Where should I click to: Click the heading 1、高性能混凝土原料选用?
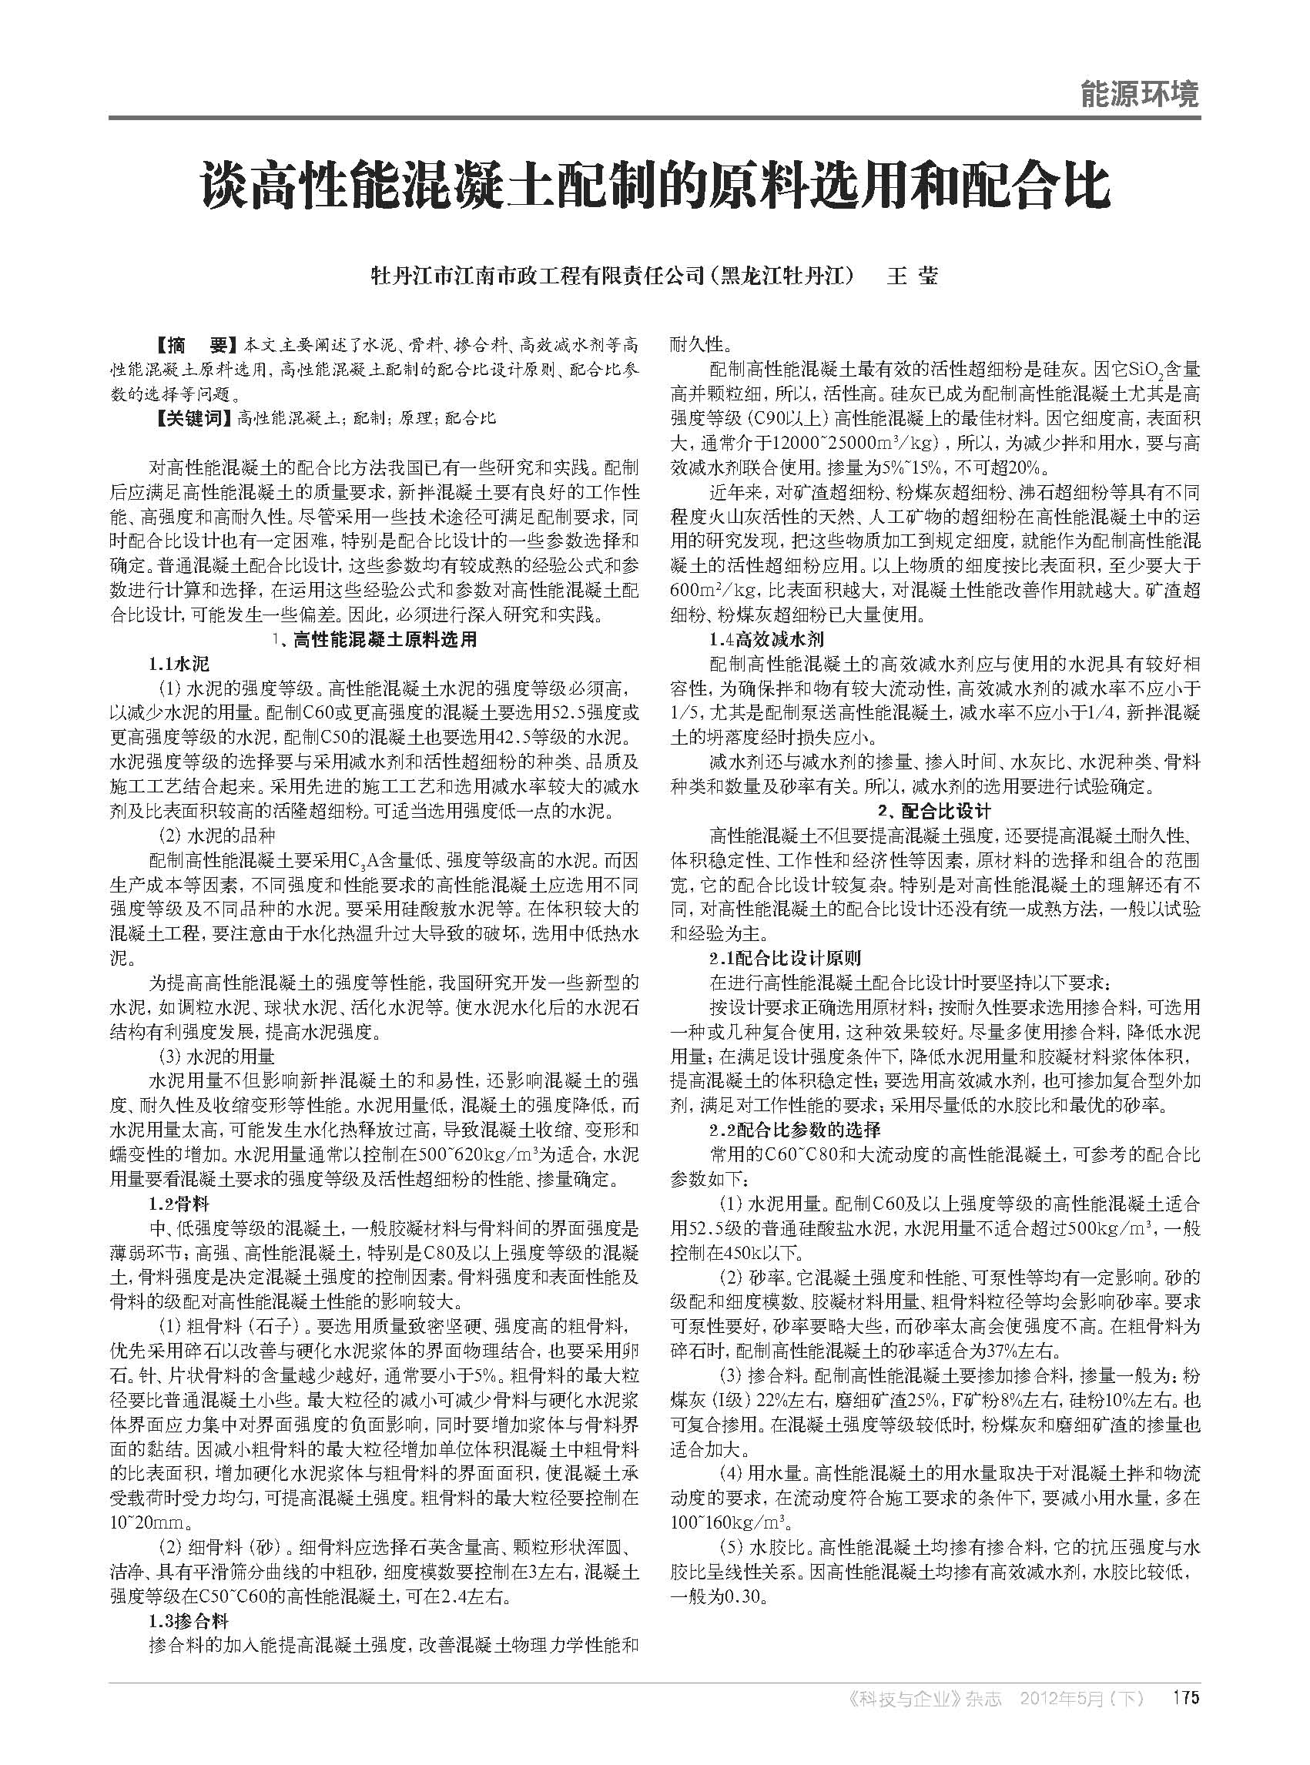click(x=374, y=639)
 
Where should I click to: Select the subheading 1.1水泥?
click(x=179, y=664)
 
